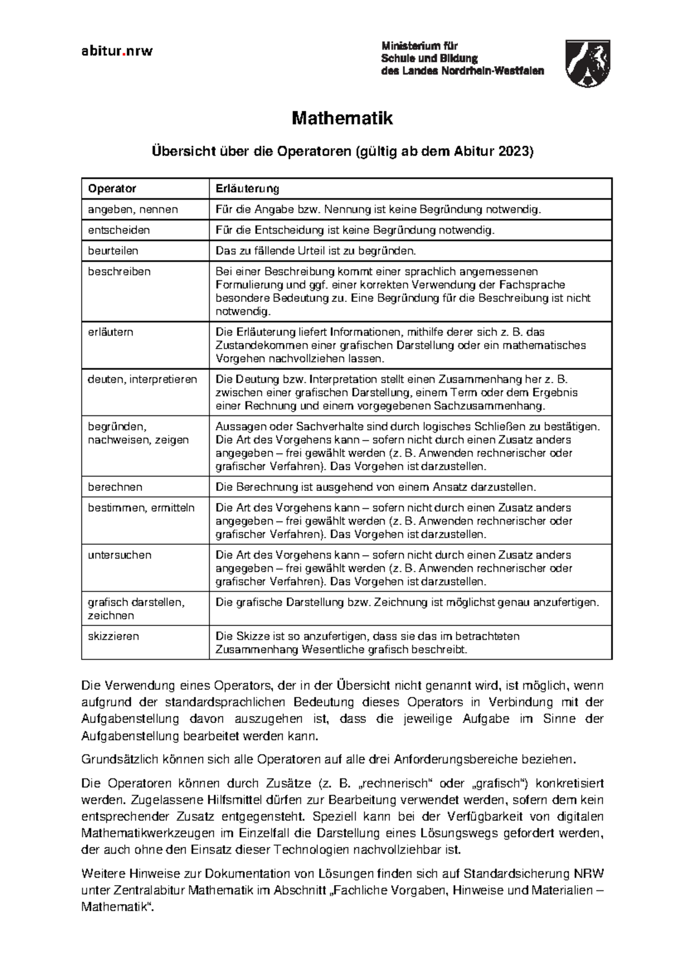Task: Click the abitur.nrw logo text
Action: pos(117,51)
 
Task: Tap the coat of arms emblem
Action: pos(587,63)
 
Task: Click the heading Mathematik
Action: pos(342,119)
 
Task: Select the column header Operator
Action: pos(112,188)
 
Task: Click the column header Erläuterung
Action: pos(247,188)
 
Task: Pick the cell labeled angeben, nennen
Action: pos(132,209)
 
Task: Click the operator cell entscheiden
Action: pos(119,230)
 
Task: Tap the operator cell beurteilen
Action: pos(113,251)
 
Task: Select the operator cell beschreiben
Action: pos(119,272)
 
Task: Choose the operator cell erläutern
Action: pos(110,332)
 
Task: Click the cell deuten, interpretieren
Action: pos(142,379)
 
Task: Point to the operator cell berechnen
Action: pos(115,487)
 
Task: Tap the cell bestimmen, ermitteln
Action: pos(141,508)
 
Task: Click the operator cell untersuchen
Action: pos(119,555)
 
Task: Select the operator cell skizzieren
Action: pos(113,636)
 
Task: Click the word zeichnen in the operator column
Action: pos(111,616)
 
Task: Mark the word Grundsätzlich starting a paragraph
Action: pos(117,760)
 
